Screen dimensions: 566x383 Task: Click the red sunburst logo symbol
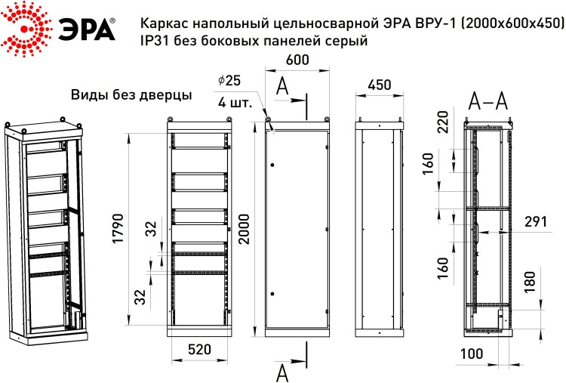pyautogui.click(x=25, y=29)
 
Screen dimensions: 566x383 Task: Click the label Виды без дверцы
pyautogui.click(x=131, y=95)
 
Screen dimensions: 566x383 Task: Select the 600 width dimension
pyautogui.click(x=297, y=60)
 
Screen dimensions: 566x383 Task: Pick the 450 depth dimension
pyautogui.click(x=379, y=85)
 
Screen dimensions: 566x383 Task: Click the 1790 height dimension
pyautogui.click(x=118, y=228)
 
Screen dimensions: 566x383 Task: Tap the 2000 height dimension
pyautogui.click(x=245, y=229)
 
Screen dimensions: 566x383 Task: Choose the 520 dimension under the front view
pyautogui.click(x=200, y=349)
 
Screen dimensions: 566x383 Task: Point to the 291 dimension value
pyautogui.click(x=536, y=221)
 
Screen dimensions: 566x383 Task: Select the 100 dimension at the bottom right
pyautogui.click(x=472, y=354)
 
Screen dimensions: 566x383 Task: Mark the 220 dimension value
pyautogui.click(x=442, y=122)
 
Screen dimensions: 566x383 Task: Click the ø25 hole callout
pyautogui.click(x=229, y=80)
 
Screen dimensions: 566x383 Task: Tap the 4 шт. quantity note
pyautogui.click(x=235, y=103)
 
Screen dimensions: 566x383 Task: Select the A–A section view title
pyautogui.click(x=488, y=100)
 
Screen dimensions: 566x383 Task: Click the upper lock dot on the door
pyautogui.click(x=272, y=165)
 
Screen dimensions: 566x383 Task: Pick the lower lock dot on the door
pyautogui.click(x=272, y=294)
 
